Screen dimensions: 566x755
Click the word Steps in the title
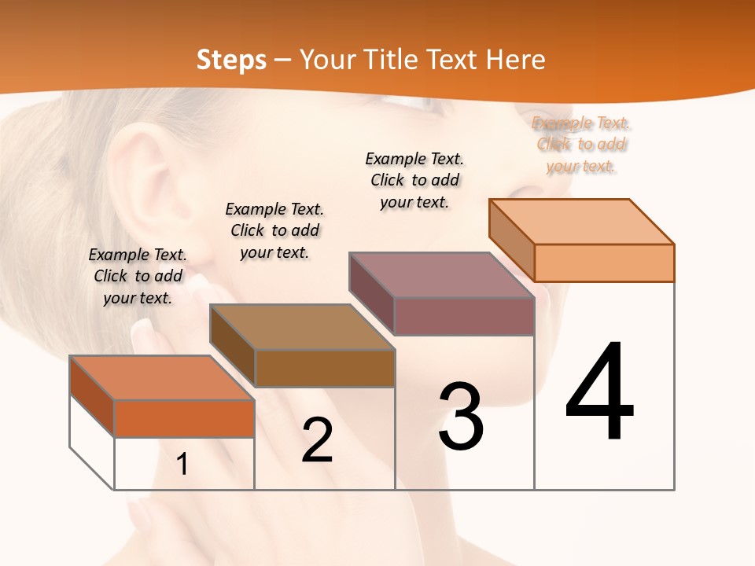tap(231, 60)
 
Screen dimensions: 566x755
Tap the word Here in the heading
tap(515, 60)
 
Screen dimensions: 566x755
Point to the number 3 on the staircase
tap(461, 417)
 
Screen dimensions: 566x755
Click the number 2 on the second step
tap(317, 440)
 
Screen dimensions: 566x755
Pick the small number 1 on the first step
tap(182, 465)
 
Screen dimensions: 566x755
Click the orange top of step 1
tap(162, 377)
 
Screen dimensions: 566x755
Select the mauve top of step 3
tap(442, 275)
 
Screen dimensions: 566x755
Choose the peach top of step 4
tap(582, 222)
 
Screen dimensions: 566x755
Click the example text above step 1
tap(138, 276)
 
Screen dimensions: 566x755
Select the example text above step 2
tap(274, 230)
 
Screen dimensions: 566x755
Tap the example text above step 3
tap(414, 180)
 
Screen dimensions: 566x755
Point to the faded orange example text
tap(581, 145)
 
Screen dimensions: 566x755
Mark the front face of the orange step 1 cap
tap(184, 418)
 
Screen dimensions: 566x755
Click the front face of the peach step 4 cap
tap(604, 263)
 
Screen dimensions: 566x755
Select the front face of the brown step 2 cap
tap(325, 368)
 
